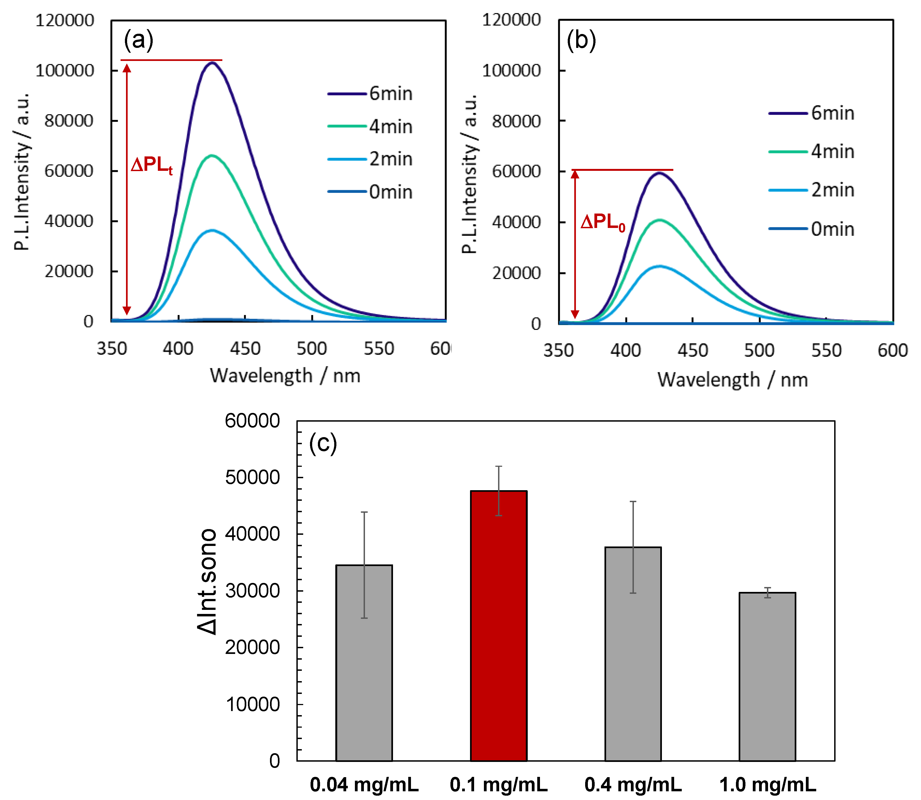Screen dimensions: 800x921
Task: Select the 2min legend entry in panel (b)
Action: [x=811, y=190]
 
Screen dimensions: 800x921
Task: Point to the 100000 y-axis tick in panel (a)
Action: [x=65, y=70]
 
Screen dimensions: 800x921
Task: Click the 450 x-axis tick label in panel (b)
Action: [x=692, y=350]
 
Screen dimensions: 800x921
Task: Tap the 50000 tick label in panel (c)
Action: [x=252, y=477]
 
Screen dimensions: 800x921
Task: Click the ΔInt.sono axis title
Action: [x=207, y=582]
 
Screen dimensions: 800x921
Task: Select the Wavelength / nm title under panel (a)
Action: [x=285, y=375]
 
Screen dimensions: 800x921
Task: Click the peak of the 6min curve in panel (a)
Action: [x=213, y=63]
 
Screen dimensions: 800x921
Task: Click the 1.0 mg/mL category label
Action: [x=767, y=784]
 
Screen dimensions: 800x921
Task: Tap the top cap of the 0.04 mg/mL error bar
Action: [x=364, y=512]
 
